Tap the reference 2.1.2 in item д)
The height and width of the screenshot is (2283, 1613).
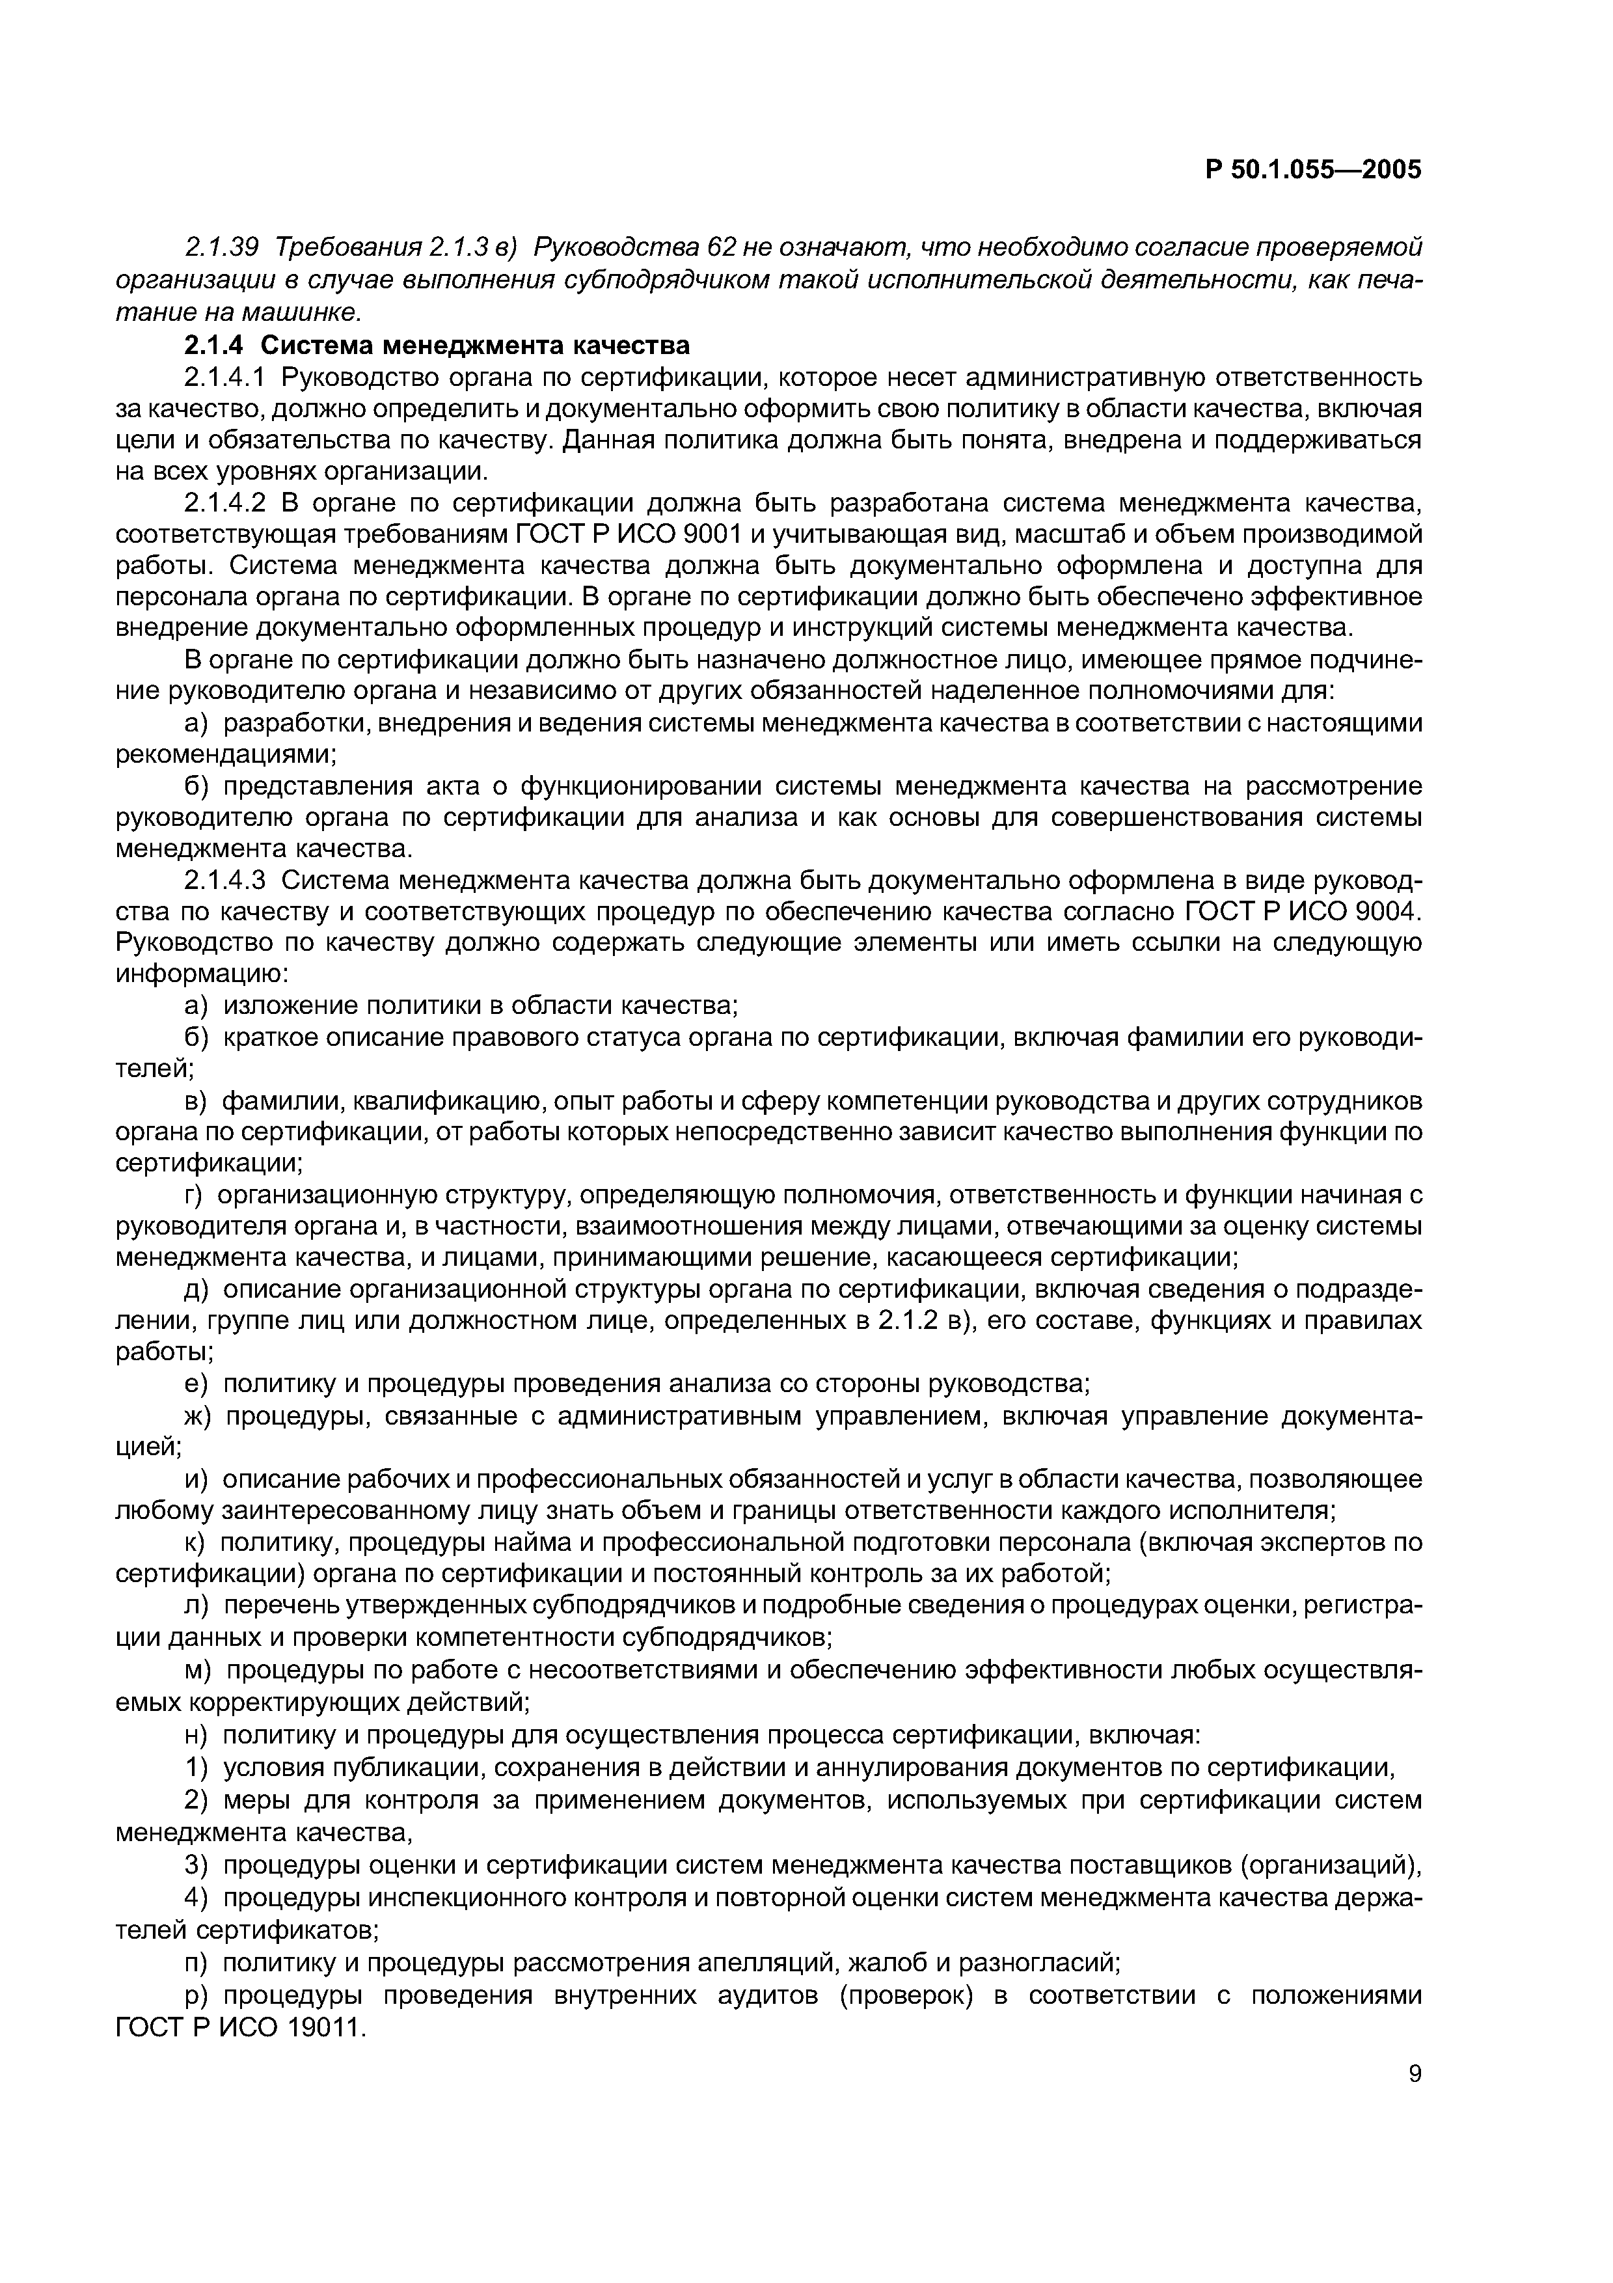coord(914,1322)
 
